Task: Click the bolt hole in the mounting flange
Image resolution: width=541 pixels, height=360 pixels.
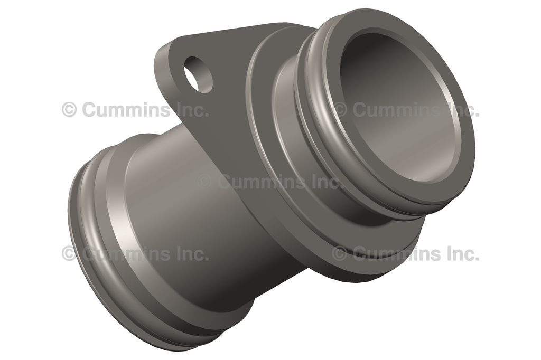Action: pos(198,74)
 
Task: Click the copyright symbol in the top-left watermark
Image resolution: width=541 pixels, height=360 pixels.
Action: pos(69,110)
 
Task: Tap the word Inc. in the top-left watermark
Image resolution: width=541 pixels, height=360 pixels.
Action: pos(192,110)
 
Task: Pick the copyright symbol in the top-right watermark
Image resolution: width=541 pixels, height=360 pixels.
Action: pos(340,110)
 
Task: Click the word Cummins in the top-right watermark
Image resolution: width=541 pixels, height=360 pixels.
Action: pos(398,110)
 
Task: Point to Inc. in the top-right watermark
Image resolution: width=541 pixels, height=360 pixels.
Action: pos(463,110)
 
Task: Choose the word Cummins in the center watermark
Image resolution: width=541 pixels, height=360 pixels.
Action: pos(262,182)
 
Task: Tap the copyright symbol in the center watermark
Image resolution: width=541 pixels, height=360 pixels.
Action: pos(204,182)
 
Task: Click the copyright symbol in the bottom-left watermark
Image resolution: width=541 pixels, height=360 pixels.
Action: pos(69,253)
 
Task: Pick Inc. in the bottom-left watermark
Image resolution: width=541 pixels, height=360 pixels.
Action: pos(192,253)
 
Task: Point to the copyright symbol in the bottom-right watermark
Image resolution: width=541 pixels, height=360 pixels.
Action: pos(340,253)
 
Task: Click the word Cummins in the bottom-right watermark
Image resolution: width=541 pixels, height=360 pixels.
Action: pos(398,253)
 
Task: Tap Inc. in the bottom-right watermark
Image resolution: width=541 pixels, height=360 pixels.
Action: pos(463,253)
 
